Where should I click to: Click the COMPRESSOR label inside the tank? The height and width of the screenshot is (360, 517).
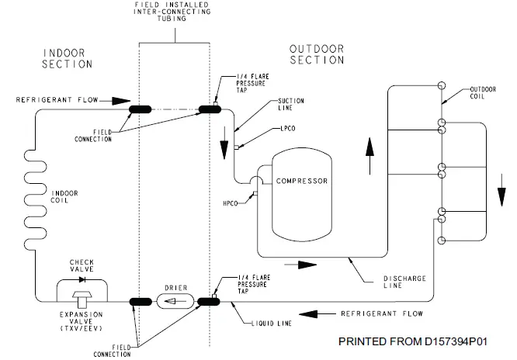302,182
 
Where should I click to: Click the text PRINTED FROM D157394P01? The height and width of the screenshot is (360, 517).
420,341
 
